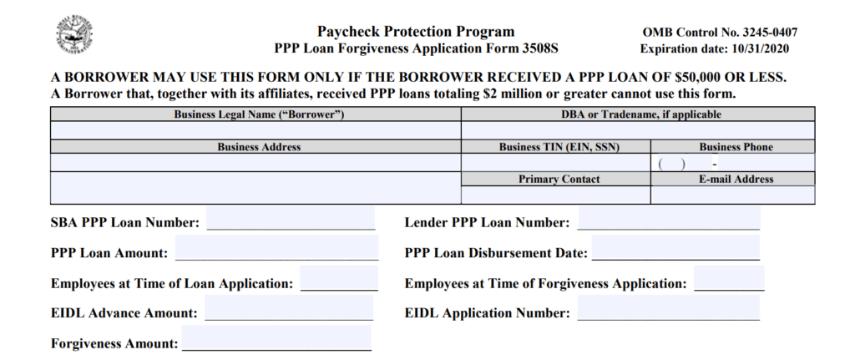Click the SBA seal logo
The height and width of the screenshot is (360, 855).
click(73, 35)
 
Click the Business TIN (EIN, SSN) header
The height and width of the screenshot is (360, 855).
click(555, 147)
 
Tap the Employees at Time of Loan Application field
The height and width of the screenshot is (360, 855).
click(338, 281)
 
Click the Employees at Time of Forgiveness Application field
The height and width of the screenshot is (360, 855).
click(728, 281)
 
